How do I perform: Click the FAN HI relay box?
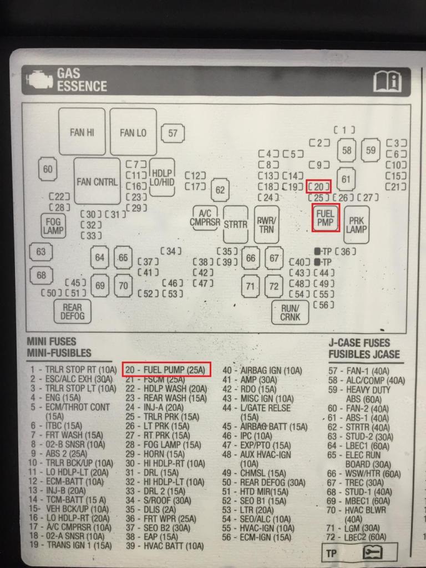(x=82, y=131)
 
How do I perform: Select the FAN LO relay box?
(x=133, y=131)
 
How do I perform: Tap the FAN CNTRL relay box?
(x=97, y=181)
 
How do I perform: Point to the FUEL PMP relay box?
(x=326, y=217)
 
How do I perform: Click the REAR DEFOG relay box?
(x=73, y=312)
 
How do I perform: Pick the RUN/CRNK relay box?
(x=290, y=312)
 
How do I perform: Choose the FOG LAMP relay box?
(x=54, y=225)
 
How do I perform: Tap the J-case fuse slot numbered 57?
(x=173, y=133)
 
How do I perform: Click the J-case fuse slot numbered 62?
(x=220, y=190)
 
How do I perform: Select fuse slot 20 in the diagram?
(x=319, y=187)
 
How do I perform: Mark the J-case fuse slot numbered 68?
(x=41, y=275)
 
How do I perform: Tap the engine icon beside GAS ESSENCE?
(x=39, y=79)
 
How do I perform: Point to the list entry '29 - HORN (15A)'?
(x=155, y=454)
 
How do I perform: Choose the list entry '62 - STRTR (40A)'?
(x=358, y=428)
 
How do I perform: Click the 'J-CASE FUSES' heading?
(x=359, y=343)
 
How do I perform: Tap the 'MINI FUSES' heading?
(x=52, y=341)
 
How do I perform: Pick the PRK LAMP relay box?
(x=357, y=225)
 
